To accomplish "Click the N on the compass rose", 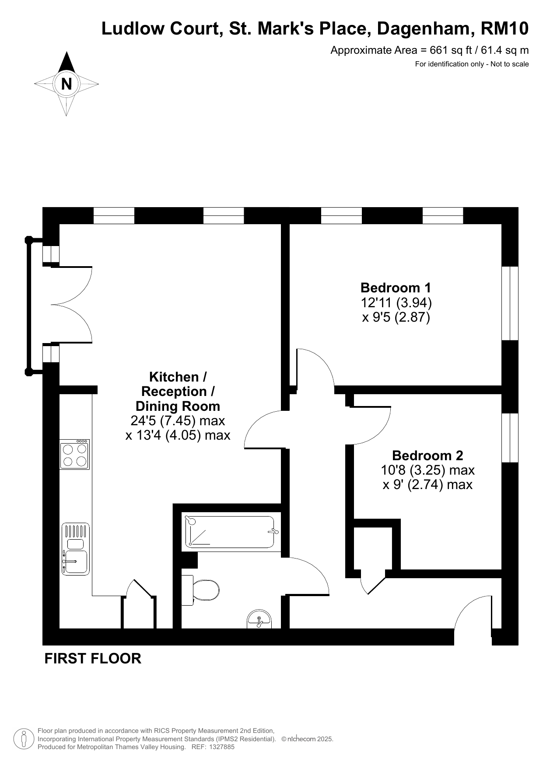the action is point(67,84).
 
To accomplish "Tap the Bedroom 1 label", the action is point(396,288).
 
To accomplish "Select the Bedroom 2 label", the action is point(427,455).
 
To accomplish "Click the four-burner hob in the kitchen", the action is point(74,455).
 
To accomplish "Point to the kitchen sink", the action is point(76,549).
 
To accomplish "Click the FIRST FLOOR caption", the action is point(93,658).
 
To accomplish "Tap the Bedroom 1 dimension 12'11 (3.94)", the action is point(396,302).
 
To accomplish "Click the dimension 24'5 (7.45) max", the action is point(178,421).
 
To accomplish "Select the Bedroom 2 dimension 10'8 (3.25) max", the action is point(427,470).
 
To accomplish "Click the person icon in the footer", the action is point(24,739).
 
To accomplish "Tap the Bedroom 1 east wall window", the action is point(510,303).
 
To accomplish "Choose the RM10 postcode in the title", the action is point(504,29).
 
